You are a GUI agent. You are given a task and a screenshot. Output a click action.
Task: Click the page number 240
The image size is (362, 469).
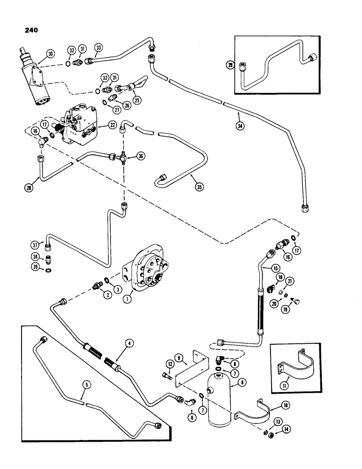[28, 31]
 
